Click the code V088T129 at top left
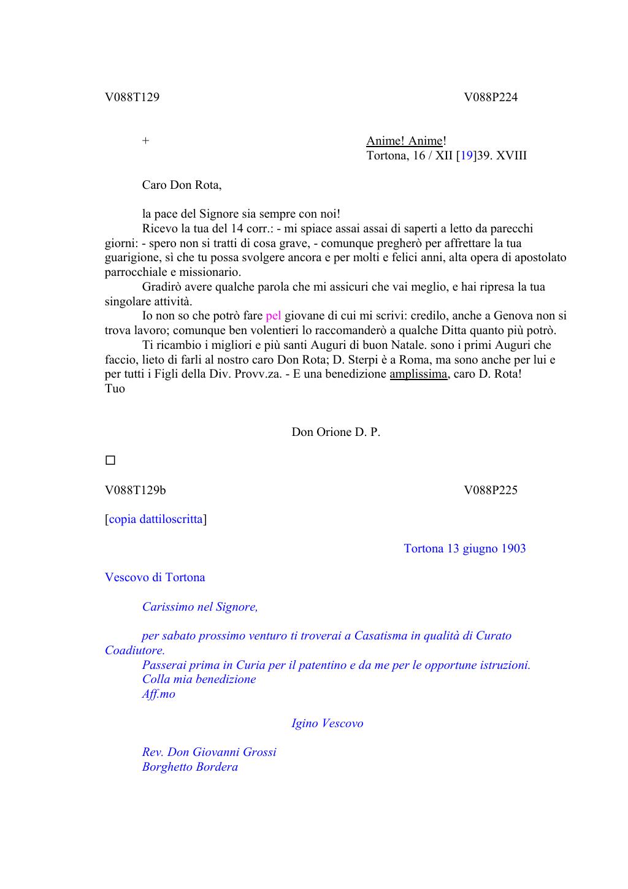point(132,97)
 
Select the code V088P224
point(491,97)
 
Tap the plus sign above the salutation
point(145,140)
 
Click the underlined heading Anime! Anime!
point(406,141)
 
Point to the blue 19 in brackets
point(467,156)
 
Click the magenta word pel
point(273,316)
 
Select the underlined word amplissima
point(418,374)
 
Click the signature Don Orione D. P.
point(335,432)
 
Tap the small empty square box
point(110,460)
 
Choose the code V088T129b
point(135,490)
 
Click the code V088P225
point(491,490)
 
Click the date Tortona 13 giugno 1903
point(465,549)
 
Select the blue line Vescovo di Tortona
point(155,578)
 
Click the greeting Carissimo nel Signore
point(200,607)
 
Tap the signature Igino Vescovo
point(327,723)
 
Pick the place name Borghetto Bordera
point(190,767)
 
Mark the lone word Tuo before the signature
point(115,389)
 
